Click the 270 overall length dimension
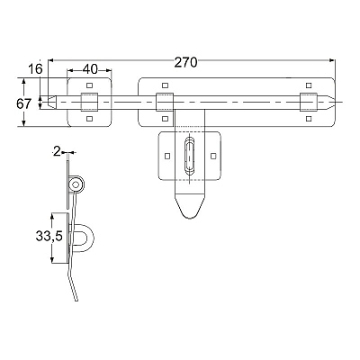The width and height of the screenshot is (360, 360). [x=186, y=63]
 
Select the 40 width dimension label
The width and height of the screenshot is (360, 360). [x=90, y=69]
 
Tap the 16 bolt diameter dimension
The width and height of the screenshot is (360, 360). [x=35, y=69]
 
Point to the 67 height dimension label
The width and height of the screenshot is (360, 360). [x=23, y=104]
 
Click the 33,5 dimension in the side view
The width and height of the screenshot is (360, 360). [x=49, y=236]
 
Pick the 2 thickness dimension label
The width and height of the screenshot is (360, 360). [x=56, y=152]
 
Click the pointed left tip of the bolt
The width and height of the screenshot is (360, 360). [x=48, y=102]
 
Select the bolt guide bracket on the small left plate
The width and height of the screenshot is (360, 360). [x=89, y=102]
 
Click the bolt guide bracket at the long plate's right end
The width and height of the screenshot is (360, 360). [x=309, y=102]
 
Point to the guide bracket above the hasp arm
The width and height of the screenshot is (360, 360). [x=165, y=102]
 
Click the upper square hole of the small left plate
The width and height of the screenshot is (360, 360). [x=89, y=85]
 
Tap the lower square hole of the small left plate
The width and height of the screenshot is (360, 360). [x=89, y=119]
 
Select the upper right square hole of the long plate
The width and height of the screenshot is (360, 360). [x=309, y=85]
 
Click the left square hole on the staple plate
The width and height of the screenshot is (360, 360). [x=167, y=156]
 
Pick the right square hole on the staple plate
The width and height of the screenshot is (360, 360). [x=213, y=156]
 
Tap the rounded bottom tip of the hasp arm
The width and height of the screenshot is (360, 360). [x=190, y=217]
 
